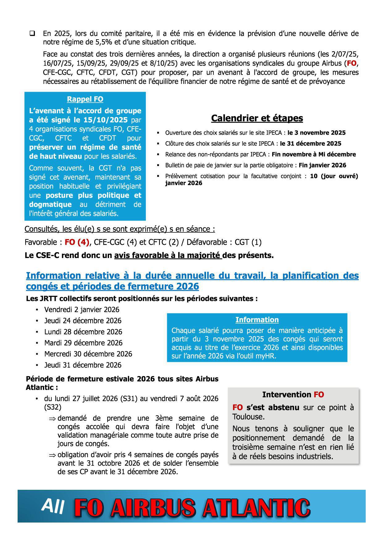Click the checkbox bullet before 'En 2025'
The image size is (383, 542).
tap(32, 33)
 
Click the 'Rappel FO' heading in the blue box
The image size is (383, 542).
tap(85, 99)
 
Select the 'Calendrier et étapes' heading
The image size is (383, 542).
tap(257, 118)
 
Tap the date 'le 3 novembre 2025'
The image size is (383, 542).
tap(316, 133)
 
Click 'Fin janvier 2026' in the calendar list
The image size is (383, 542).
tap(322, 165)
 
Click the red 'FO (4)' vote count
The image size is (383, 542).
tap(77, 242)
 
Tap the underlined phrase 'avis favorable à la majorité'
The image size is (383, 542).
tap(168, 256)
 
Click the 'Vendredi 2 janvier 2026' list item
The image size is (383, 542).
tap(82, 310)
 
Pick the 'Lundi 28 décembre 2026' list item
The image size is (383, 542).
tap(83, 332)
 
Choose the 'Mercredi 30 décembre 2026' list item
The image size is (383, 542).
tap(88, 354)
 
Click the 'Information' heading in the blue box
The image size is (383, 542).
tap(257, 320)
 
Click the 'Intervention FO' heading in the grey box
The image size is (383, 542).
tap(293, 395)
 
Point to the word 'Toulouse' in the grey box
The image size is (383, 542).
tap(249, 417)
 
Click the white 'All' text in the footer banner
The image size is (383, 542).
tap(53, 506)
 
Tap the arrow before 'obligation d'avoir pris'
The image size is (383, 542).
tap(52, 455)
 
